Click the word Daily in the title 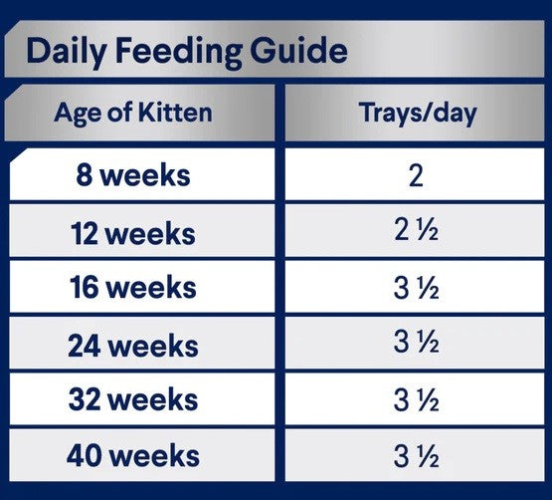(66, 51)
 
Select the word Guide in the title (295, 51)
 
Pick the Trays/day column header (417, 112)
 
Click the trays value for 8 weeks (416, 176)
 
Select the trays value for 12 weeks (417, 233)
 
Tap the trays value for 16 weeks (417, 290)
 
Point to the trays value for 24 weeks (417, 346)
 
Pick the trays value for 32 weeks (417, 400)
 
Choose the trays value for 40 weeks (417, 456)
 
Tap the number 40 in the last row (84, 456)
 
